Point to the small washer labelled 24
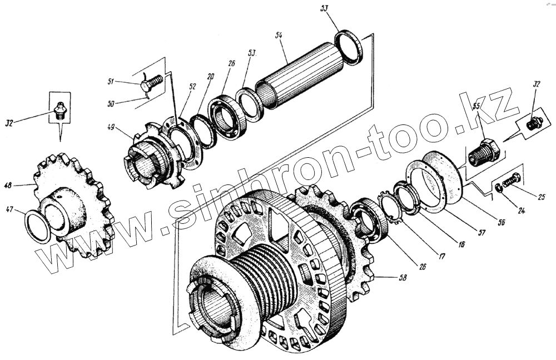(498, 191)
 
